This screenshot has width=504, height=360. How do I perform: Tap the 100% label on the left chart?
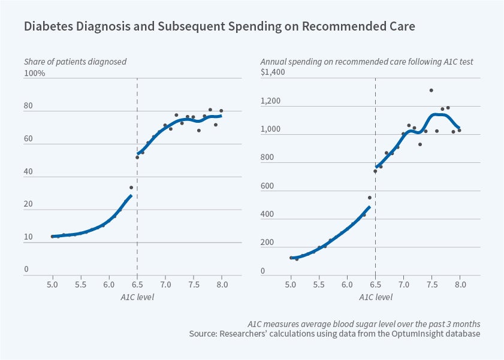click(35, 73)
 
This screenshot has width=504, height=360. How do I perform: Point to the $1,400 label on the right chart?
click(273, 72)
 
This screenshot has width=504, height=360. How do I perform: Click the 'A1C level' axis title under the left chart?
click(137, 296)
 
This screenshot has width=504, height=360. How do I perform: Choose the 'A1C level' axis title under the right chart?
click(376, 296)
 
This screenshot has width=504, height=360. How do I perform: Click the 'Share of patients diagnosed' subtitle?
click(75, 62)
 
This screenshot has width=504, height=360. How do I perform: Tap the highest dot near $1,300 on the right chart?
click(431, 90)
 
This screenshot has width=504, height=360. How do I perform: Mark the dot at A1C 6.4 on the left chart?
click(131, 187)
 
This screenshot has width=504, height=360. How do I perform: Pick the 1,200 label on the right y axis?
click(271, 101)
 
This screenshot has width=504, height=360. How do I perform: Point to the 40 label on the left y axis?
click(29, 172)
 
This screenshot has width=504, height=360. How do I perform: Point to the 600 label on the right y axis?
click(267, 186)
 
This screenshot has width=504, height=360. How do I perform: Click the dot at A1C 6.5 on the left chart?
click(137, 158)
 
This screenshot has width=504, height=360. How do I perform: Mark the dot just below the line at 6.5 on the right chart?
click(375, 171)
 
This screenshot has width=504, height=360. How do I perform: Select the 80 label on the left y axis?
click(29, 106)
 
